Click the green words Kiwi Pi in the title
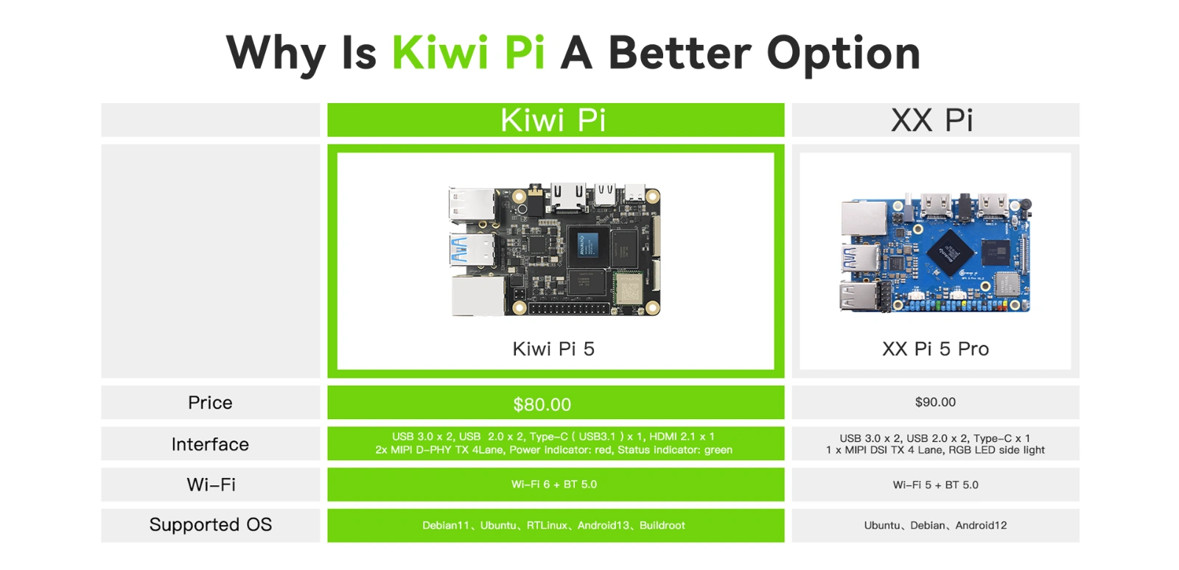pos(469,52)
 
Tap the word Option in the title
pos(843,54)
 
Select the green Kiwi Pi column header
pos(556,120)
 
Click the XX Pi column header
pos(935,120)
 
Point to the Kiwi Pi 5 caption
pos(553,348)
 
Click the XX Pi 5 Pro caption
pos(935,348)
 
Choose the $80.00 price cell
pos(556,403)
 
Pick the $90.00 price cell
pos(935,403)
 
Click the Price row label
pos(210,403)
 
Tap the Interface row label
pos(210,444)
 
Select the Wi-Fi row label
pos(211,485)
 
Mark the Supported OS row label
pos(211,525)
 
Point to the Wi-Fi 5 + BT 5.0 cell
pos(935,485)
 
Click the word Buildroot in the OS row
pos(662,525)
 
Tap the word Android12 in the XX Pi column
pos(981,525)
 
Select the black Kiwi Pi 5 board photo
pos(555,250)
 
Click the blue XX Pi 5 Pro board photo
pos(935,253)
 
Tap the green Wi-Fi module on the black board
pos(629,288)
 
